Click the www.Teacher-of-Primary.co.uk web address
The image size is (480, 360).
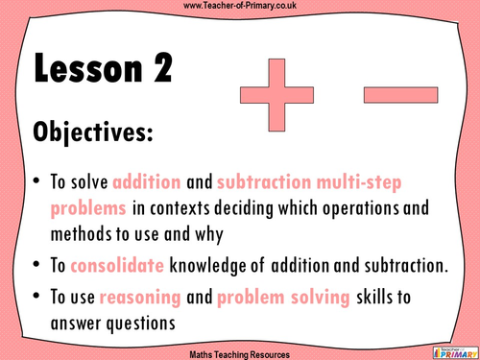239,8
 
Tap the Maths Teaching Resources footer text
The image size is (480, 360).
239,350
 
